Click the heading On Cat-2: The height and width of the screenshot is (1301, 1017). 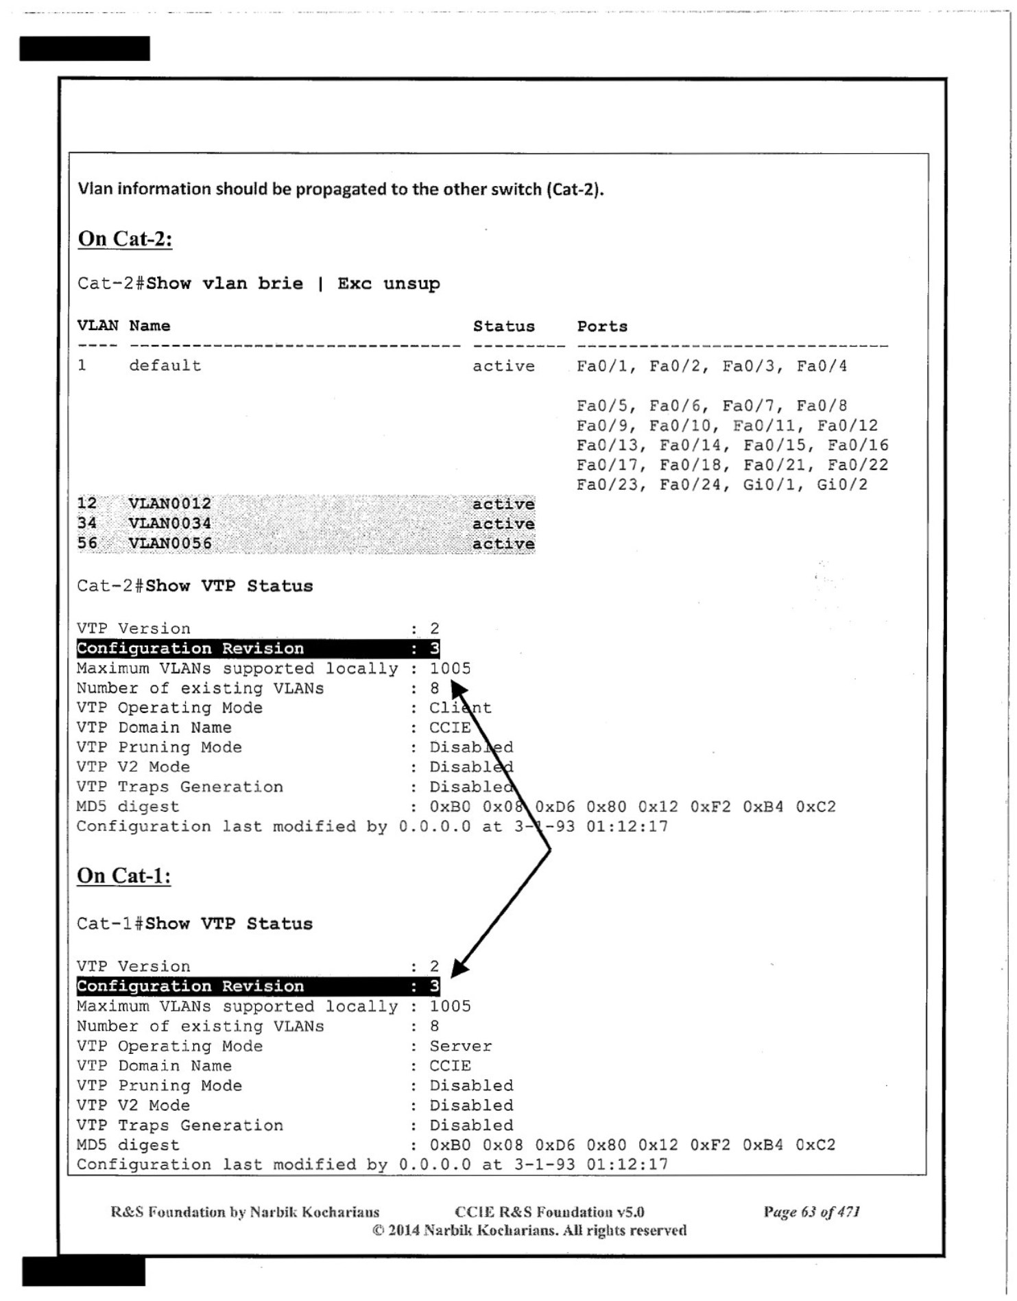pos(125,239)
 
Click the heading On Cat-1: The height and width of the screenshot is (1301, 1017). pos(123,876)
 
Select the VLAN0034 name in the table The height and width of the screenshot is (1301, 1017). pos(170,524)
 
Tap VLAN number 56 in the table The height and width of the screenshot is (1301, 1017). pos(87,543)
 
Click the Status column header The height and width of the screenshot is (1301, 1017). pos(503,327)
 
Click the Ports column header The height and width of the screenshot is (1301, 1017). pos(602,327)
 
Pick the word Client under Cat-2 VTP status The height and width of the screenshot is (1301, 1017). pos(460,708)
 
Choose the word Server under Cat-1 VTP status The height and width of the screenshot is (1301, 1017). pos(460,1046)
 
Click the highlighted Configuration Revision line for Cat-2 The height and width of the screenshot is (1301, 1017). pos(258,648)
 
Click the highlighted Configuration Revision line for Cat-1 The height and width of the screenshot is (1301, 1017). pos(258,986)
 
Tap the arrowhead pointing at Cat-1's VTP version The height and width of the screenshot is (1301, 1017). pos(459,968)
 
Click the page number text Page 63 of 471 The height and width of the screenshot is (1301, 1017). pos(811,1212)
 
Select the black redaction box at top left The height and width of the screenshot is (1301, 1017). pos(84,49)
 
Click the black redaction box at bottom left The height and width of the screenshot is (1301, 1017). pos(84,1271)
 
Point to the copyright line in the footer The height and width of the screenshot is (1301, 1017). pos(529,1230)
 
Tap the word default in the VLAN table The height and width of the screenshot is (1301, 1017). pos(165,366)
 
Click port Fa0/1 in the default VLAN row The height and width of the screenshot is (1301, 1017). pos(603,366)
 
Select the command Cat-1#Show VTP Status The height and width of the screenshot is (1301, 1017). pos(195,924)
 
